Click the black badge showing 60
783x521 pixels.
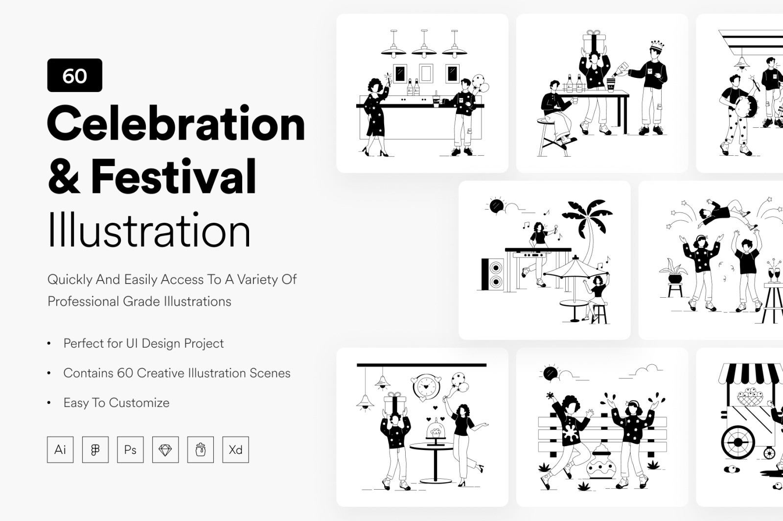click(75, 75)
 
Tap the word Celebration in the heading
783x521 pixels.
click(176, 123)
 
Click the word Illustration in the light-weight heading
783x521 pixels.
click(149, 230)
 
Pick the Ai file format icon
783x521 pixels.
click(61, 450)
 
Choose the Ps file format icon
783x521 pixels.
click(130, 450)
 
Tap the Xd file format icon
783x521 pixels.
click(235, 450)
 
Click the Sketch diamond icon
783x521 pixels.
click(165, 450)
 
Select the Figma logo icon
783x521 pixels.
click(95, 450)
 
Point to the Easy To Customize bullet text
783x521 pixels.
click(116, 403)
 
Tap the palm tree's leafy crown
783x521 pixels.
click(587, 215)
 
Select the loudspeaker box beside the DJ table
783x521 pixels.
click(492, 274)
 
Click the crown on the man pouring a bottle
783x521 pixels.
click(657, 45)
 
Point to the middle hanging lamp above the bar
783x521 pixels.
click(424, 45)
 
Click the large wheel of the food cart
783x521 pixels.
click(737, 443)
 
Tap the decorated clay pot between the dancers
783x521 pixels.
click(601, 462)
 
